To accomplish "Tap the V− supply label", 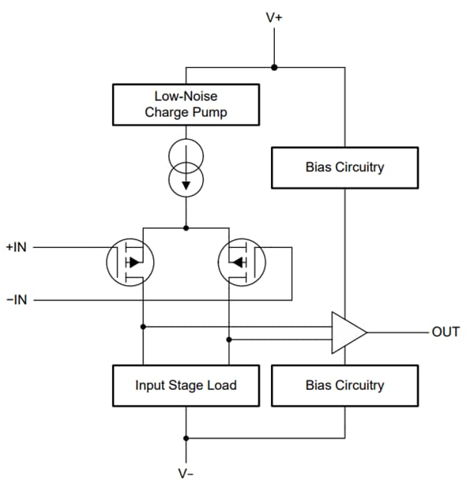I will point(186,474).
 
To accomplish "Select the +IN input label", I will point(17,247).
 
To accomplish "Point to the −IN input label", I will point(17,300).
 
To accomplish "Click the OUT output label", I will point(446,332).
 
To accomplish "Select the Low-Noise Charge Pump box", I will point(186,105).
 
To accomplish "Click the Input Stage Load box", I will point(186,385).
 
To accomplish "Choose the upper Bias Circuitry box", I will point(344,167).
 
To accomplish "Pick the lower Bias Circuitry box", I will point(344,385).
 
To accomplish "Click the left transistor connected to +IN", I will point(130,261).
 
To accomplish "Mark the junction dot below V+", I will point(274,67).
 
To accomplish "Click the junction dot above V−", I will point(186,437).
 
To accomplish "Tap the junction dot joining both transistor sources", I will point(186,227).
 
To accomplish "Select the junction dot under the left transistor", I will point(143,325).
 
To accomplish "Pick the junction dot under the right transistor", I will point(228,339).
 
